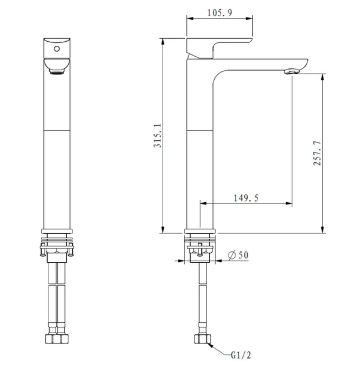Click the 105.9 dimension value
pos(219,13)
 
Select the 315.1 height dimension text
pos(157,136)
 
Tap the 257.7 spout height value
pos(317,153)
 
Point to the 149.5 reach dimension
pos(246,198)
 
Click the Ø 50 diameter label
pos(238,255)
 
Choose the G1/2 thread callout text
pos(241,355)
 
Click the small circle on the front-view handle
pos(57,49)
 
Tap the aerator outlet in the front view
pos(57,71)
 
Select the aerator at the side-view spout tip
pos(292,71)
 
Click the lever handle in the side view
pos(219,48)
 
